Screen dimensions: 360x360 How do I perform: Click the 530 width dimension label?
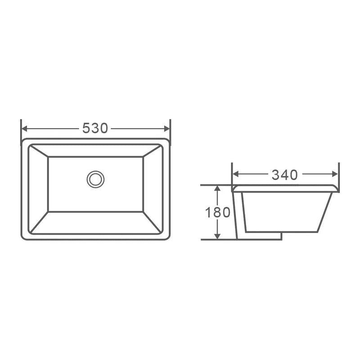[x=95, y=129]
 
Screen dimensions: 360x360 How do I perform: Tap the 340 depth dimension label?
[x=284, y=175]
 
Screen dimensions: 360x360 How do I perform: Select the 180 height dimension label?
[x=218, y=212]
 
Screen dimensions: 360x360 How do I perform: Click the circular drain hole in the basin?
[x=95, y=179]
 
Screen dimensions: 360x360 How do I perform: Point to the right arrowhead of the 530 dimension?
[x=167, y=129]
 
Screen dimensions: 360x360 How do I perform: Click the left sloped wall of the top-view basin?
[x=38, y=189]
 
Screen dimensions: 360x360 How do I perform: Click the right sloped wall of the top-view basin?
[x=153, y=189]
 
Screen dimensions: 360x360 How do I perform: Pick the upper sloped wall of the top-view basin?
[x=95, y=151]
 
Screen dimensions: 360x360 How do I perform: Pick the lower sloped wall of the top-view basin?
[x=95, y=223]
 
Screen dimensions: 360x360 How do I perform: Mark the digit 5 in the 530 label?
[x=86, y=129]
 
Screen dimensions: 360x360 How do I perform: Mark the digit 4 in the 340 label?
[x=284, y=175]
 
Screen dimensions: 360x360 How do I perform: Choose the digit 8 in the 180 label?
[x=218, y=212]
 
